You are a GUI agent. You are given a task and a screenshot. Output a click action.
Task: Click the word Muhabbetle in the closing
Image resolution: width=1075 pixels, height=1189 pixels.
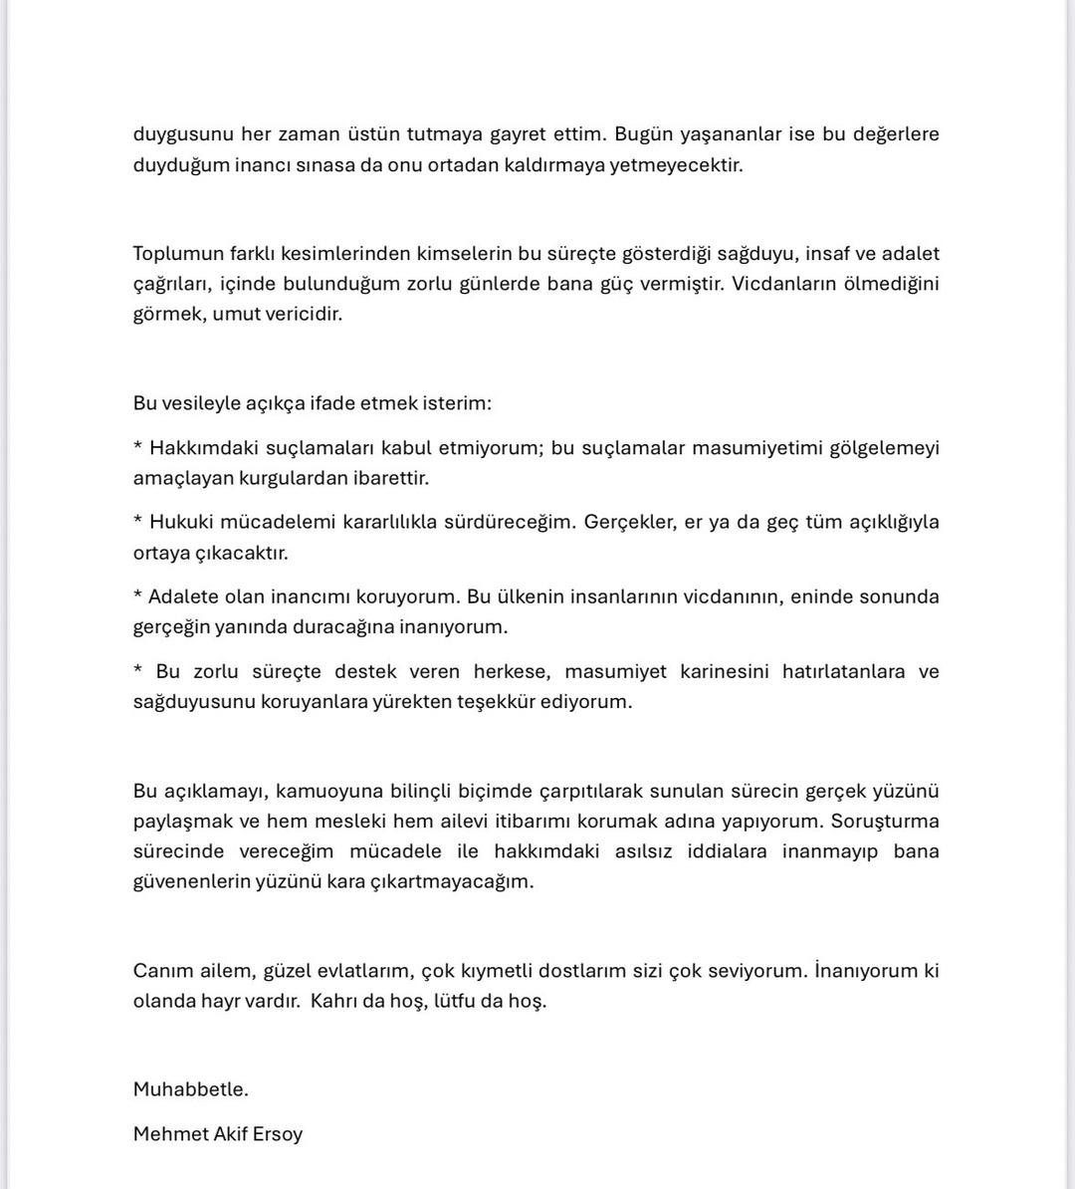click(x=190, y=1089)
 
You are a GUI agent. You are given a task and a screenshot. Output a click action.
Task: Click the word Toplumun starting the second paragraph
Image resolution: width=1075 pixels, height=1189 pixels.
click(x=175, y=254)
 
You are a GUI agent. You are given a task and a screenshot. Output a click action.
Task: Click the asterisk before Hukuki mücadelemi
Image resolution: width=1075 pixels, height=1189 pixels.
click(x=137, y=521)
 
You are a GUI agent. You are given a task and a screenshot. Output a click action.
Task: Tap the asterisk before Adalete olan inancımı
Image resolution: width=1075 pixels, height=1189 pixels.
click(x=137, y=595)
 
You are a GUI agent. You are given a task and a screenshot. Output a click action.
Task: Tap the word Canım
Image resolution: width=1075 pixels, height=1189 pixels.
click(x=160, y=971)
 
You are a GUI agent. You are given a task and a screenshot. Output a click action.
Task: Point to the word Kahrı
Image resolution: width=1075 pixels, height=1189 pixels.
click(x=333, y=1001)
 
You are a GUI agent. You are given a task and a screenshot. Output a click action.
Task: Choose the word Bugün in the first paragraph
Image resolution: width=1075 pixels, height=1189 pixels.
click(x=643, y=134)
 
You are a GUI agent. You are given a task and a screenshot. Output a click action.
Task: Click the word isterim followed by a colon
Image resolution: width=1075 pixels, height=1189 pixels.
click(x=456, y=403)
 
